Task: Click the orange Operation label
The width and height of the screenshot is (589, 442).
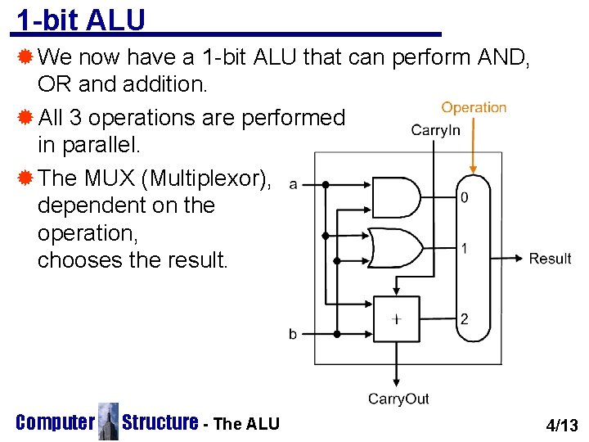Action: [474, 107]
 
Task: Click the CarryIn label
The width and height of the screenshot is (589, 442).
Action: [435, 129]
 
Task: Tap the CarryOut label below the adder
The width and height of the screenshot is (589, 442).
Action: [398, 399]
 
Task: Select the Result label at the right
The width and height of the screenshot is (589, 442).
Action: [550, 259]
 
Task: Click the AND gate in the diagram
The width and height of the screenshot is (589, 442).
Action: [396, 196]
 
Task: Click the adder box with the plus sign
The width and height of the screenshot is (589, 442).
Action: [396, 319]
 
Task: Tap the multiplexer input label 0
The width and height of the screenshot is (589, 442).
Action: [464, 198]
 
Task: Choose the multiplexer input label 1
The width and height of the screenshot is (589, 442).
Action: [464, 248]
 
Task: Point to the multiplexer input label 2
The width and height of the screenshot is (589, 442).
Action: [464, 319]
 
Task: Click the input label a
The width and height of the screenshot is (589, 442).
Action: [293, 184]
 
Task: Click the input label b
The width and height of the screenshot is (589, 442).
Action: [293, 334]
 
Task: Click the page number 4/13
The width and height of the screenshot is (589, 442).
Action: [561, 425]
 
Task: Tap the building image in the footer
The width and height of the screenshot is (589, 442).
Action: [108, 422]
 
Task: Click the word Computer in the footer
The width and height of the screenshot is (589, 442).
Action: [55, 422]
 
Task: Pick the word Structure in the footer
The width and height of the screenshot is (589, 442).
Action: [160, 422]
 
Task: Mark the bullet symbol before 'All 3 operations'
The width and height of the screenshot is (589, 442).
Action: [25, 117]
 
